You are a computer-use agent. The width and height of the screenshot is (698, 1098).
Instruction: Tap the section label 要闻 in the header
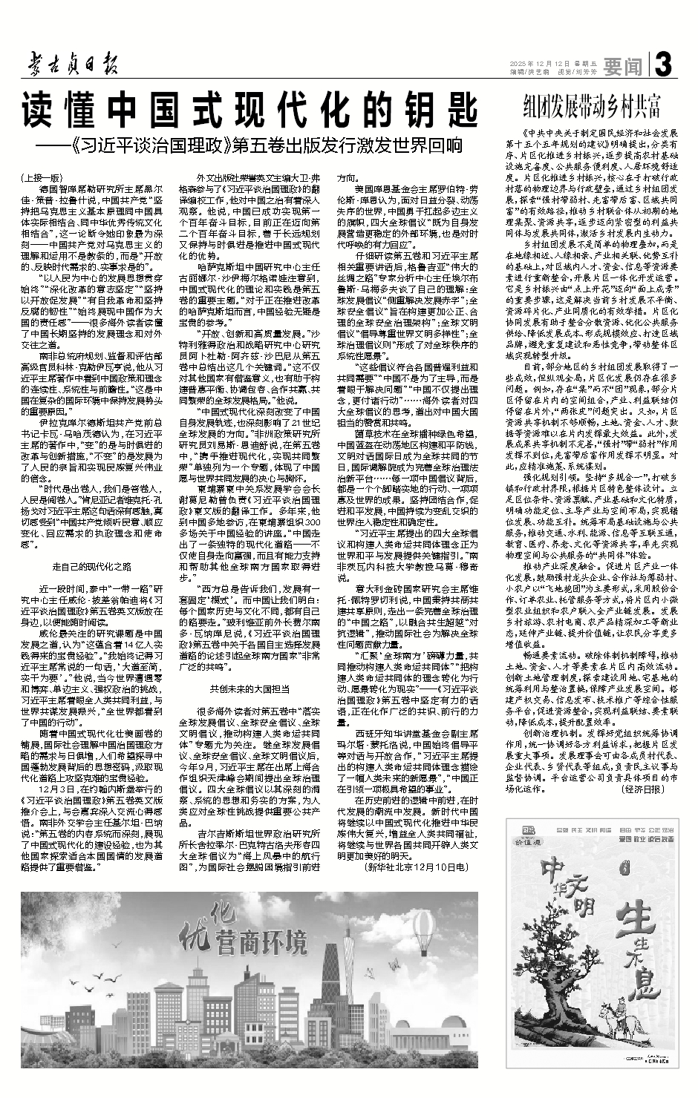pyautogui.click(x=622, y=68)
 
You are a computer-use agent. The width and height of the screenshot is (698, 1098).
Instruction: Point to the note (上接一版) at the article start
pyautogui.click(x=43, y=178)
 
